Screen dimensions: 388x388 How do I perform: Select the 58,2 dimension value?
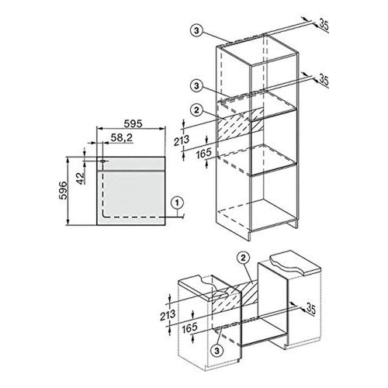tap(122, 137)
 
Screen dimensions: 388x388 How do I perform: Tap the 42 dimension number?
tap(81, 178)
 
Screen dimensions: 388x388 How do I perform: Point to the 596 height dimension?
tap(64, 191)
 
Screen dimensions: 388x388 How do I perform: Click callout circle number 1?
tap(177, 203)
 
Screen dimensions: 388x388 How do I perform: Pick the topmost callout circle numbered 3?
tap(196, 30)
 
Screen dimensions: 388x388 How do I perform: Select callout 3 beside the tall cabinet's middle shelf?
tap(196, 85)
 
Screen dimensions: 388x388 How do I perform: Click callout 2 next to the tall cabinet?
tap(196, 110)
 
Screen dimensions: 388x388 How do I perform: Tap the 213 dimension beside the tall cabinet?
tap(182, 140)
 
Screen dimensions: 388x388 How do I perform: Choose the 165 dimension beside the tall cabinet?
tap(203, 154)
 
